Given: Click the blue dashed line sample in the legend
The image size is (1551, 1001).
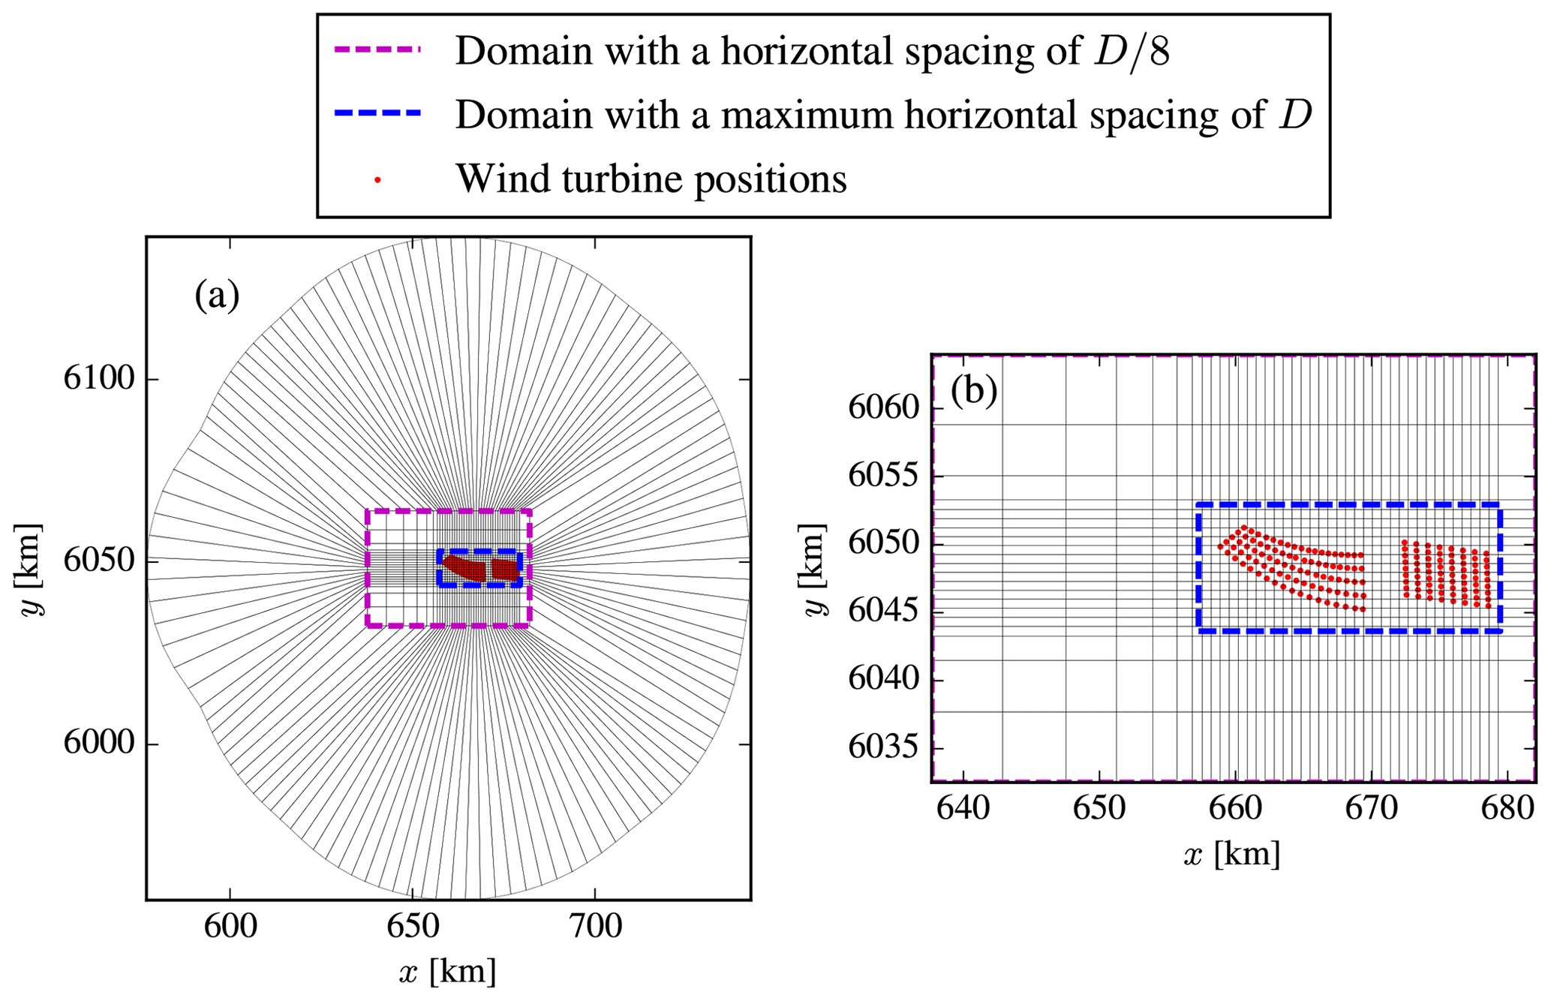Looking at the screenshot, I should (377, 114).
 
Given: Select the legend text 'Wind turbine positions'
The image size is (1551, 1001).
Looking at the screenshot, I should (651, 179).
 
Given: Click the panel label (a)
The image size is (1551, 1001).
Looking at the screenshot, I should (217, 295).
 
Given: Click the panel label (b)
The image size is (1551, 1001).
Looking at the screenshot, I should (973, 391).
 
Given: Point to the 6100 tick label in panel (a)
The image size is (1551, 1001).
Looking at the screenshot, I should (99, 378).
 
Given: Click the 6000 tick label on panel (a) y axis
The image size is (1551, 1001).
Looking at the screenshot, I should (99, 743).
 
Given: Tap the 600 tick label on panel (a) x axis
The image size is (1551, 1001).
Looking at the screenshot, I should (230, 927).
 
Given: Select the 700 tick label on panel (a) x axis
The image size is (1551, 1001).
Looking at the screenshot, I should (596, 927).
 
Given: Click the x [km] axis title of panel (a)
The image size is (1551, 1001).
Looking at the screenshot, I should (448, 972).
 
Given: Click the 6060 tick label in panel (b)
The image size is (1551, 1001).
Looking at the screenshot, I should (883, 408).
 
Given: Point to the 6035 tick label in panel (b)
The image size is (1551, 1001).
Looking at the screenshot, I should (883, 748).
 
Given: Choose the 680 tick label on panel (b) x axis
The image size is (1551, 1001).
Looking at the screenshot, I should (1509, 809).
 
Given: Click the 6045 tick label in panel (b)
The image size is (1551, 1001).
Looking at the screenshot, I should (883, 612).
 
